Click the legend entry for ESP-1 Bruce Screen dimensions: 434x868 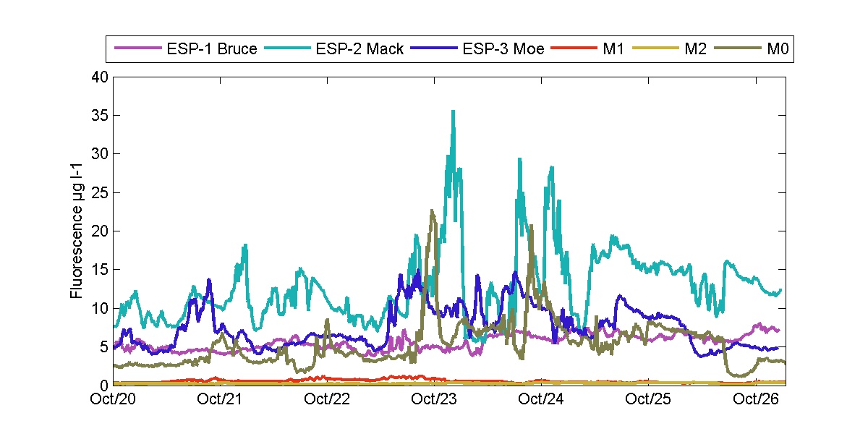212,50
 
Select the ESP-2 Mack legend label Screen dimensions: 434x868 359,50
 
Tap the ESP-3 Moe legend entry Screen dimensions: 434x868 503,50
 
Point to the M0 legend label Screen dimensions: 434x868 777,50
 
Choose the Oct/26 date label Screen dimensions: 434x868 755,399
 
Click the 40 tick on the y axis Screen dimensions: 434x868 99,77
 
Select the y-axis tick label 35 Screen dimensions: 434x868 99,115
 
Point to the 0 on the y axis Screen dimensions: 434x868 103,386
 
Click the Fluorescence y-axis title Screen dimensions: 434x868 76,231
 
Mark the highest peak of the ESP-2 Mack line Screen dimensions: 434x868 453,111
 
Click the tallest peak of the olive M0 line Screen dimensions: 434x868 432,210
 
